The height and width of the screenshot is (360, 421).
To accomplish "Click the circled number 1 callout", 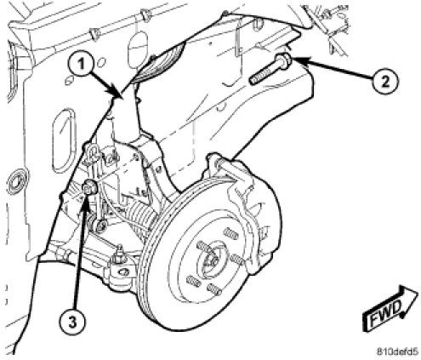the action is [x=81, y=64].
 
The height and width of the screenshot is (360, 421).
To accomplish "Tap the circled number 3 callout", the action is [x=73, y=322].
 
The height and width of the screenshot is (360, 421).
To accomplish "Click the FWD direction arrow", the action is [x=390, y=308].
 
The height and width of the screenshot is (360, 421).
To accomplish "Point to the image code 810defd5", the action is [x=397, y=351].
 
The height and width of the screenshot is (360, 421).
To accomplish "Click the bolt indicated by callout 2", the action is [x=270, y=69].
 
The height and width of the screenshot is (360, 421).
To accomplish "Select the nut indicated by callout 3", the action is [x=90, y=187].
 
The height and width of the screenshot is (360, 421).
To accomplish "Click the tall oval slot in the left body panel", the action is [x=64, y=141].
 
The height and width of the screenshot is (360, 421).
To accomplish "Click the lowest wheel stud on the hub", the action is [x=213, y=290].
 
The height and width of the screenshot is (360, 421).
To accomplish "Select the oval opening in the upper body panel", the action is [x=138, y=49].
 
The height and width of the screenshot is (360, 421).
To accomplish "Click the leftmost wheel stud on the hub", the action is [x=194, y=282].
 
